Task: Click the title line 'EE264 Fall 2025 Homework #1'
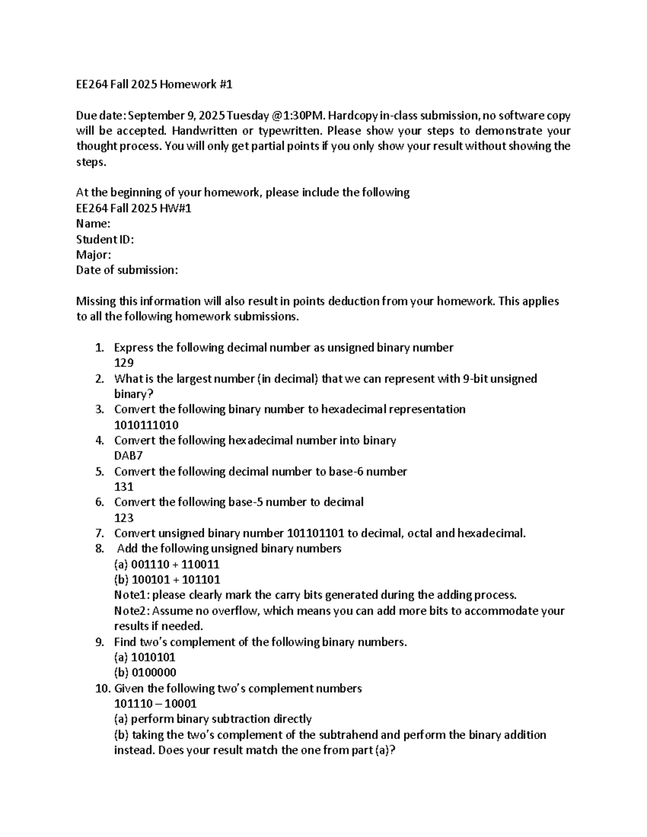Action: click(154, 84)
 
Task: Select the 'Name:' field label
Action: click(93, 224)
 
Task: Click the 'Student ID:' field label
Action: click(105, 239)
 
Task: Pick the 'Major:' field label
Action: click(94, 255)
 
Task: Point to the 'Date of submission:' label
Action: click(127, 270)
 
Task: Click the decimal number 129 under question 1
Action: click(124, 363)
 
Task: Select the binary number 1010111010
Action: click(146, 425)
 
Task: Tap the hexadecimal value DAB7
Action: click(128, 456)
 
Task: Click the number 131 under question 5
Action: click(124, 487)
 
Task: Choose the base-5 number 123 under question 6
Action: click(124, 518)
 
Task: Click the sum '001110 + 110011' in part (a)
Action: click(175, 565)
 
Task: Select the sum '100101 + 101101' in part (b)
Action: click(175, 580)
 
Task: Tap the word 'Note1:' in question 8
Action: click(132, 596)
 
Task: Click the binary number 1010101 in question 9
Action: click(153, 658)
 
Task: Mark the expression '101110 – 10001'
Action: click(155, 704)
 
